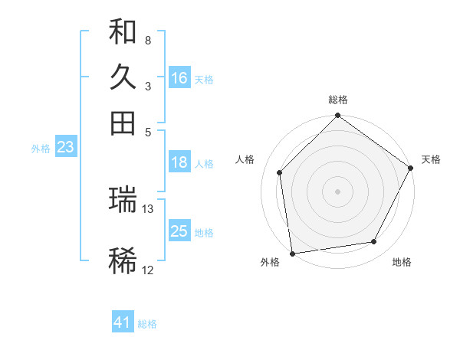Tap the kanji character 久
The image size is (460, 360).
click(123, 77)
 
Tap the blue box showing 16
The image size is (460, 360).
click(179, 78)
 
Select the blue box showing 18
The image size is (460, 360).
click(179, 162)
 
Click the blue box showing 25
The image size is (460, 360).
click(179, 231)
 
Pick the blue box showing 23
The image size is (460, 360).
click(65, 148)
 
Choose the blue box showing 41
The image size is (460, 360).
click(123, 322)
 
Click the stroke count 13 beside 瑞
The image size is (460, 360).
click(148, 208)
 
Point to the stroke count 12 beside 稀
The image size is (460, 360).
click(148, 270)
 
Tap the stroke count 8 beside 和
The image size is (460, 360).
click(148, 40)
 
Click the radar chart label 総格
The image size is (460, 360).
click(338, 100)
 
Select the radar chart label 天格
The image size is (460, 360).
click(431, 159)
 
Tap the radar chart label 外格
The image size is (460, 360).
click(270, 263)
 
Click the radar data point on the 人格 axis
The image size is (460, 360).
click(280, 172)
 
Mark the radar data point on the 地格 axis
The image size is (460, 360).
click(374, 242)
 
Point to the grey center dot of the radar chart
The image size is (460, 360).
click(337, 191)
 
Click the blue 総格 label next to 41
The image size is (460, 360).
click(147, 324)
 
